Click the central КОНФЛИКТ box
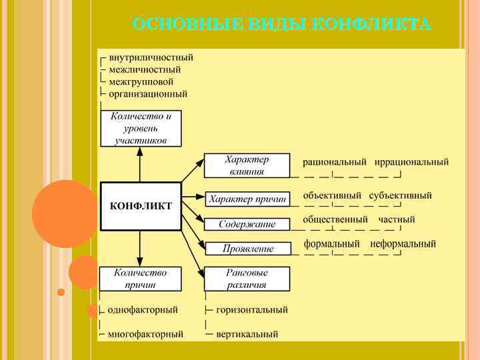point(140,206)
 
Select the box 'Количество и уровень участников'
point(140,128)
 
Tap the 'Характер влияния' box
point(247,165)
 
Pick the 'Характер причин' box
point(247,199)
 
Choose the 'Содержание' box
point(247,225)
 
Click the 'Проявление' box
point(247,249)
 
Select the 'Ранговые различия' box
point(247,279)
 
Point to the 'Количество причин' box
point(140,279)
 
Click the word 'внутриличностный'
point(151,57)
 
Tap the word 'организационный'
point(148,94)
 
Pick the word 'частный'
point(397,219)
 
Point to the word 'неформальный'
point(403,244)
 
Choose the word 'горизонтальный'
point(252,310)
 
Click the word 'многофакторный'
point(145,334)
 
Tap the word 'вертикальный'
point(247,334)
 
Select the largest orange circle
point(65,213)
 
